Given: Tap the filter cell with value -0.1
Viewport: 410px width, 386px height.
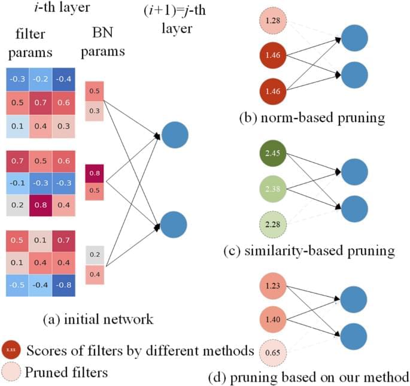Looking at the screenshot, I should coord(17,182).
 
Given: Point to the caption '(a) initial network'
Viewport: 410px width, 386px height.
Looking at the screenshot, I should coord(99,320).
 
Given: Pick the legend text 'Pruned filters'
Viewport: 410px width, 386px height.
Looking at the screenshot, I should coord(66,372).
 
